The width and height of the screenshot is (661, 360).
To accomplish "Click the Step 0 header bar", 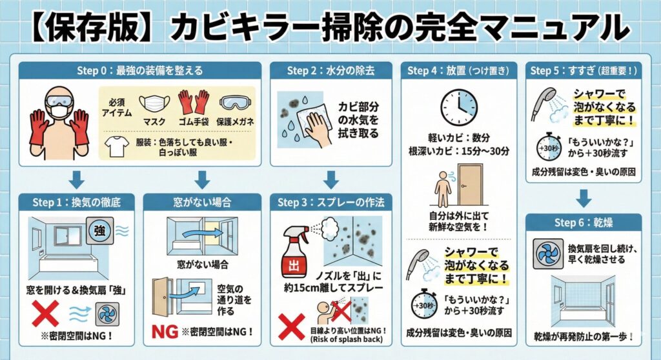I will (x=139, y=70).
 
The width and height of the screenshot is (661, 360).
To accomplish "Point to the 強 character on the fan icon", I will (x=100, y=230).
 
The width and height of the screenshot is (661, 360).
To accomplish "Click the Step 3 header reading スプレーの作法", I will (x=331, y=202).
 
